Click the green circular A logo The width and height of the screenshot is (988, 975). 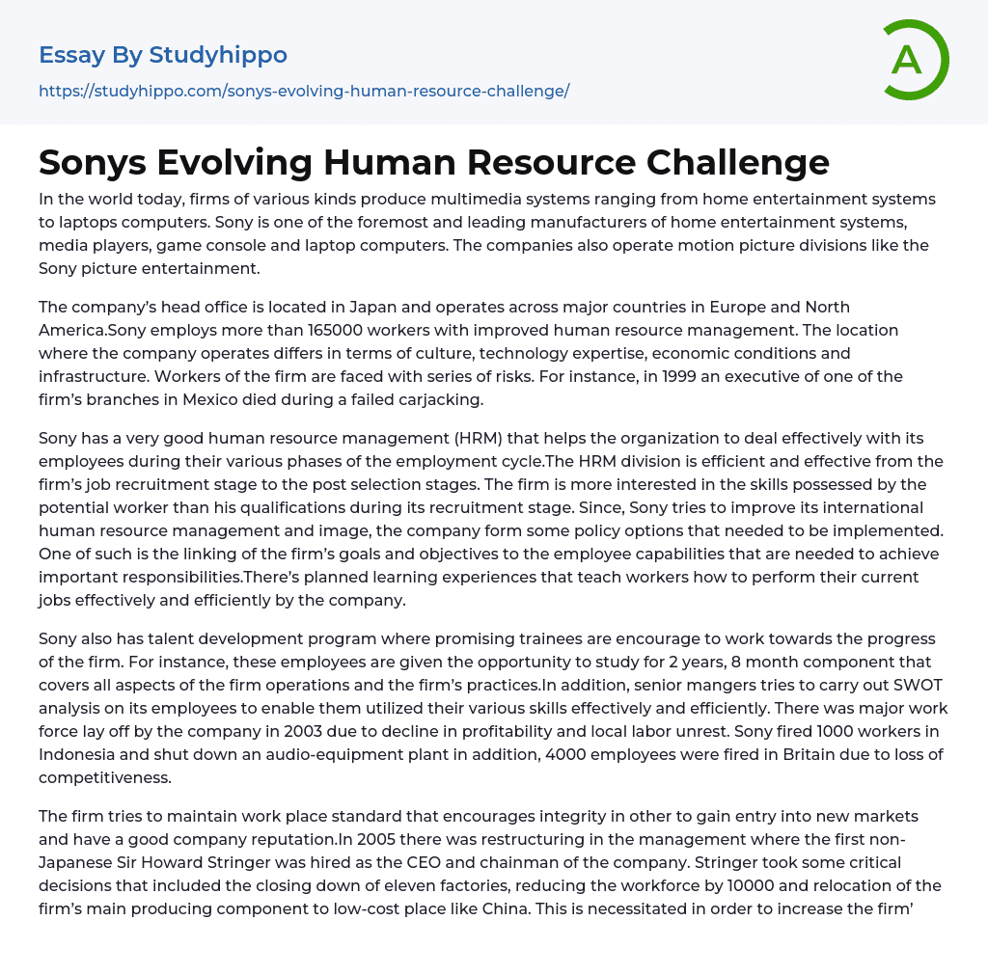click(913, 60)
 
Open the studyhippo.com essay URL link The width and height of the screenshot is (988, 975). click(304, 91)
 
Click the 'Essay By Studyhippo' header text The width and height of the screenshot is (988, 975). click(163, 55)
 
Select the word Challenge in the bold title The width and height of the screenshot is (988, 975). click(731, 162)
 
